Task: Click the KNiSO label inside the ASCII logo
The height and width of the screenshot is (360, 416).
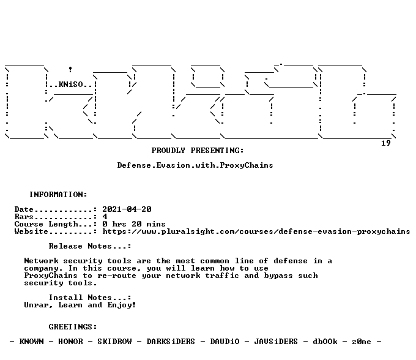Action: [70, 84]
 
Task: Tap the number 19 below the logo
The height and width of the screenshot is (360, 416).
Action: [386, 143]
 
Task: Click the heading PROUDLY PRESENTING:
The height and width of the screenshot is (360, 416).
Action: [198, 151]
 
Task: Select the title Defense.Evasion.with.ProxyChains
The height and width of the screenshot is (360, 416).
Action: [195, 165]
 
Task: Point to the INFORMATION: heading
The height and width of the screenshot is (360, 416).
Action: [58, 195]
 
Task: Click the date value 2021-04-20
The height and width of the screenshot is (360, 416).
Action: [127, 209]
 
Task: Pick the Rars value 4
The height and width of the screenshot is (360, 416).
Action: [105, 217]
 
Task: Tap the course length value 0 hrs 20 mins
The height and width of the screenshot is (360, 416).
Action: [134, 224]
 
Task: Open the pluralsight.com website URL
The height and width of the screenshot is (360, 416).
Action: [256, 231]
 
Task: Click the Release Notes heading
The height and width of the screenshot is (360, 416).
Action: [90, 246]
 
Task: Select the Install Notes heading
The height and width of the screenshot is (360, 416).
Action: [90, 298]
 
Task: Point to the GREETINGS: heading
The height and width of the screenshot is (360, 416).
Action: [73, 327]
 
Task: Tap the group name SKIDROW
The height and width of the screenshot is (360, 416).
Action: [114, 342]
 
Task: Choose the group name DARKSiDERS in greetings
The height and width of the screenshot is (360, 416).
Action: [171, 342]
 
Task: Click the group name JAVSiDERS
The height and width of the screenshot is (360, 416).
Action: [276, 342]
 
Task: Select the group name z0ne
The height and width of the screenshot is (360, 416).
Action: [362, 342]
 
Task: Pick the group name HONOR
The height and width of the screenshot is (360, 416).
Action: [70, 342]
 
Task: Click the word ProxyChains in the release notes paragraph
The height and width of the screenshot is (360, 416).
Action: [51, 276]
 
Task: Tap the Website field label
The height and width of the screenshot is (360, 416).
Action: [31, 231]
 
